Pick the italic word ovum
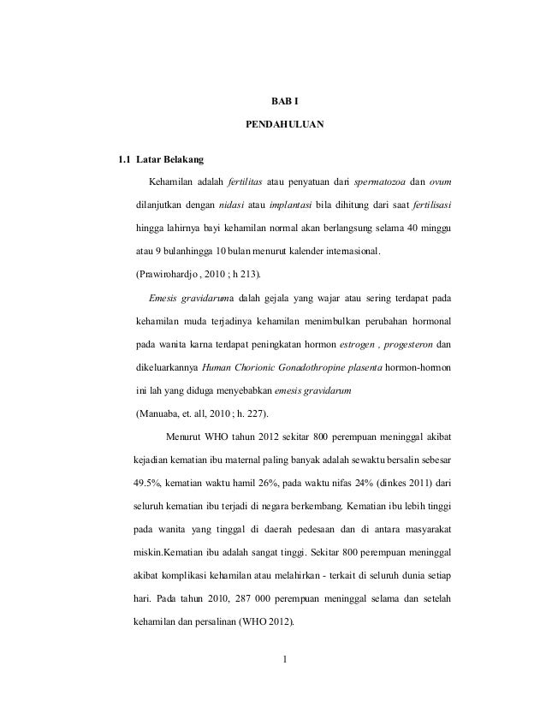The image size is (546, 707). click(x=441, y=182)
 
